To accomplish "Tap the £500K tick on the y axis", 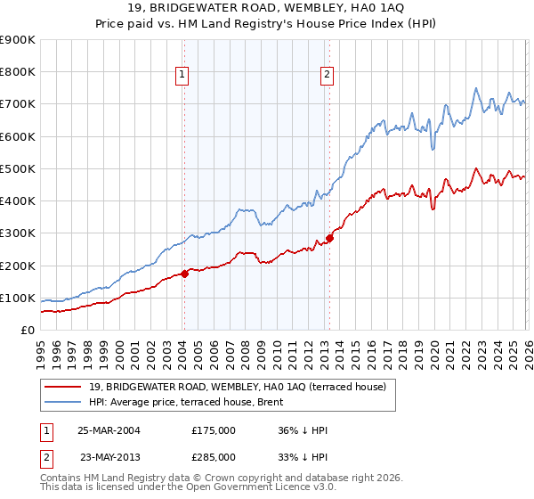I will click(x=18, y=168).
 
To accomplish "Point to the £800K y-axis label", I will click(x=18, y=72).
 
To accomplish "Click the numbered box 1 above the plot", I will click(x=182, y=76).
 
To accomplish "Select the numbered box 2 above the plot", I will click(x=327, y=76).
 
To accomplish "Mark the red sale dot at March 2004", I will click(x=184, y=274).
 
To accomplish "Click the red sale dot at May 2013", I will click(x=328, y=238).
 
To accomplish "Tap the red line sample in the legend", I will click(x=63, y=387).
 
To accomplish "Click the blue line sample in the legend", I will click(x=63, y=402).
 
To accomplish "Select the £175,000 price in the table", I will click(x=214, y=430).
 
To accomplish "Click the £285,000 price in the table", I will click(x=214, y=456).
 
